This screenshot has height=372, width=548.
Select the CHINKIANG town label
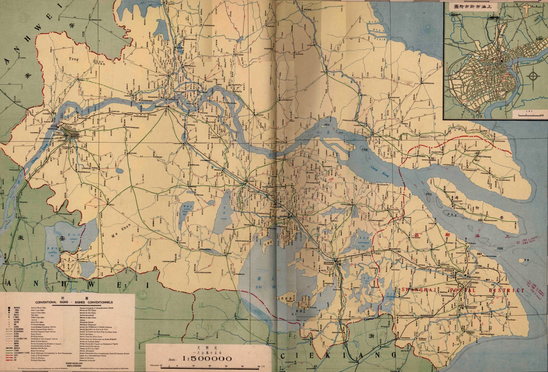pos(161,107)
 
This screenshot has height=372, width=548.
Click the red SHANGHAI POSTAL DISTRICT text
pos(463,290)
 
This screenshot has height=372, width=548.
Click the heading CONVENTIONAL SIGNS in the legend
pos(74,302)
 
